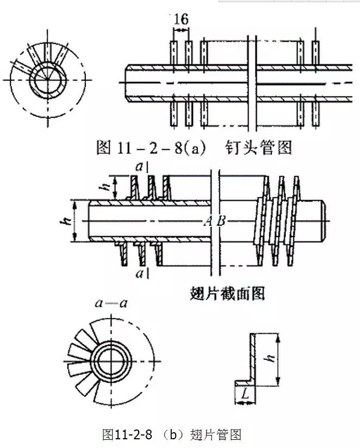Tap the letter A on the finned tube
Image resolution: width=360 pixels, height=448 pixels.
[x=208, y=221]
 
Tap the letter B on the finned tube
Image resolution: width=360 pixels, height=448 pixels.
[x=220, y=221]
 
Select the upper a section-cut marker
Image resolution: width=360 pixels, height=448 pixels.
[x=140, y=167]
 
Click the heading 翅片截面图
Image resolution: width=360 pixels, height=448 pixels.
[x=220, y=294]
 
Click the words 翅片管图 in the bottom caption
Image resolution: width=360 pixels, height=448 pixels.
[x=216, y=434]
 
